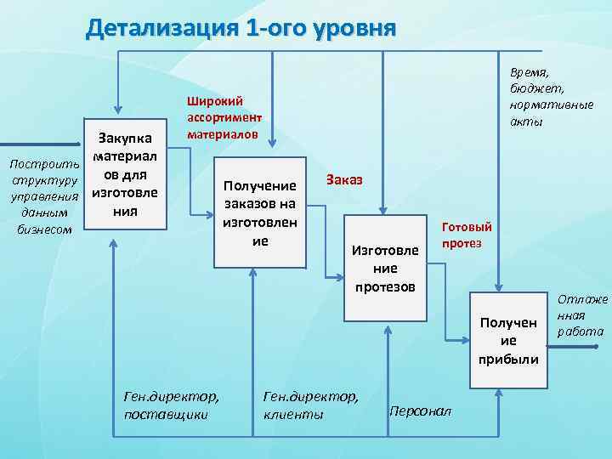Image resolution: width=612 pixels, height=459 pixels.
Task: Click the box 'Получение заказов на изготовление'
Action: [259, 212]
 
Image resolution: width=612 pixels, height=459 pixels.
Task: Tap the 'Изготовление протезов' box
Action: [384, 265]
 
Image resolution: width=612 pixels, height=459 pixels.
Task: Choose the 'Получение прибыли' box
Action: [508, 341]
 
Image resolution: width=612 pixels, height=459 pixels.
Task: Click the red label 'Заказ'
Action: [343, 180]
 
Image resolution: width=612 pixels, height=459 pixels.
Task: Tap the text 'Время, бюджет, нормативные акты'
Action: [552, 99]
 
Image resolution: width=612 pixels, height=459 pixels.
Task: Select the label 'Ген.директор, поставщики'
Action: [171, 405]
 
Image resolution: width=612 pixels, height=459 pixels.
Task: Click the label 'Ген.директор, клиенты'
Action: [311, 405]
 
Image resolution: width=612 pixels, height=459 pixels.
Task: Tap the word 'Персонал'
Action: [421, 411]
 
